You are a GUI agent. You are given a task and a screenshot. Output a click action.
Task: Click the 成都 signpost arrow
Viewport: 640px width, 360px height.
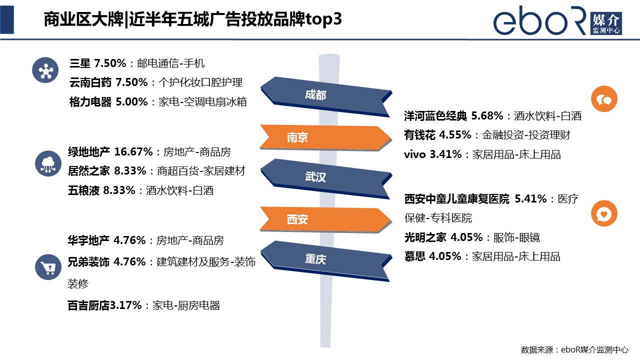tap(325, 96)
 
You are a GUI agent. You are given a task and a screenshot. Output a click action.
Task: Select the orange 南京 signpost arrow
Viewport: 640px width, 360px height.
tap(325, 137)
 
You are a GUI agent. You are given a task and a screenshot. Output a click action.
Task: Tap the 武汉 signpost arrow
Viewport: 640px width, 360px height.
tap(325, 179)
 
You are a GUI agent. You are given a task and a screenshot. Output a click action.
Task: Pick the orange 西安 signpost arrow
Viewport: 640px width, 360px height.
tap(325, 219)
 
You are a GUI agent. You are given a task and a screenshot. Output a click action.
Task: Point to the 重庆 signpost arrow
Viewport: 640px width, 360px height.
tap(325, 261)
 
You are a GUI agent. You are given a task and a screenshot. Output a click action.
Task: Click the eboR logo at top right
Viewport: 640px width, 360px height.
tap(557, 20)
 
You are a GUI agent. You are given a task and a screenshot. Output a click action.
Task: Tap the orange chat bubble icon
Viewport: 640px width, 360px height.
tap(604, 99)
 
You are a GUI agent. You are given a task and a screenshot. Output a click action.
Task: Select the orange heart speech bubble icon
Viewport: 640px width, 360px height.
tap(604, 213)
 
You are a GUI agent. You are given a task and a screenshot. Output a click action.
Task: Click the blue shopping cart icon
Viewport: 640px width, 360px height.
tap(48, 267)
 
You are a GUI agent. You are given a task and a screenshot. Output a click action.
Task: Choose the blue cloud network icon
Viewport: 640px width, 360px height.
tap(48, 163)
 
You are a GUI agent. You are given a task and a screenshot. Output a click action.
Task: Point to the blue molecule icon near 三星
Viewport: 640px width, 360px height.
tap(45, 70)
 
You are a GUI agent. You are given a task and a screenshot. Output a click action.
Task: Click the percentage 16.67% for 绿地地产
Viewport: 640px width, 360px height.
tap(133, 151)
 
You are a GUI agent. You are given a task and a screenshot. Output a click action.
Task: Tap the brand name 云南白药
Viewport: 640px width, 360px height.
tap(90, 82)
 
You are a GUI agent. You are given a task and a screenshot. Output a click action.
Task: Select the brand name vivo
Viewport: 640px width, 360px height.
tap(415, 154)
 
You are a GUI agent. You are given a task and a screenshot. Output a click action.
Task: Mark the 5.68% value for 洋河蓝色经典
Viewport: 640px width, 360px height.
tap(487, 115)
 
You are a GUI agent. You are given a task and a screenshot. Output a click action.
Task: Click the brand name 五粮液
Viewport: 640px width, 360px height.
tap(83, 190)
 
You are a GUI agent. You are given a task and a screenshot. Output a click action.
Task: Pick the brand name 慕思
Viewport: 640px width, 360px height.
tap(415, 256)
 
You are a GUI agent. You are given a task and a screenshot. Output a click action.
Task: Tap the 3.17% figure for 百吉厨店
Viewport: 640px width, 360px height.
tap(125, 305)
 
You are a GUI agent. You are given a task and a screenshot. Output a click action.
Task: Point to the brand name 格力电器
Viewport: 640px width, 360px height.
tap(90, 102)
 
